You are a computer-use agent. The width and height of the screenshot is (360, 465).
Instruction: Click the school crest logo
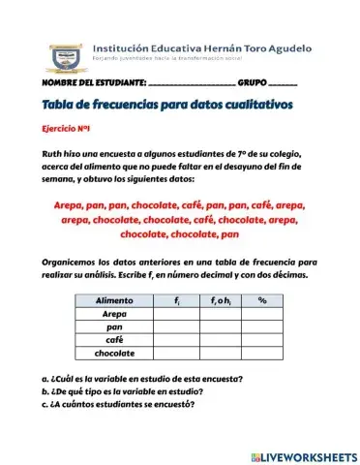69,57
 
